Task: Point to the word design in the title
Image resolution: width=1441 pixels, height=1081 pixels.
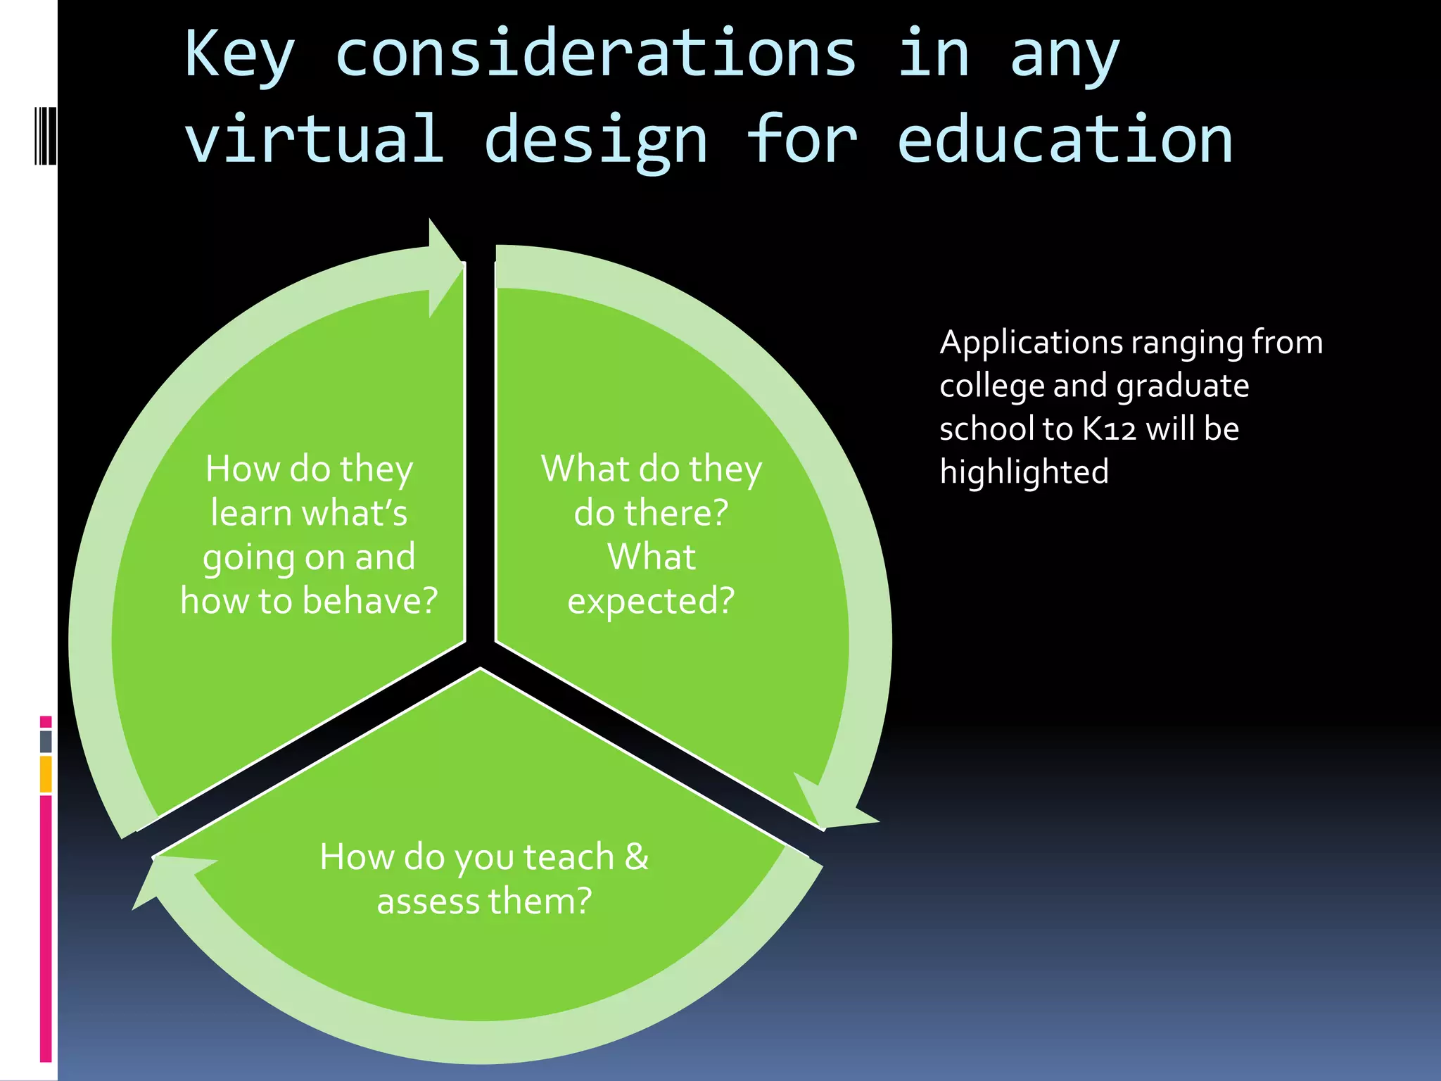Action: (595, 141)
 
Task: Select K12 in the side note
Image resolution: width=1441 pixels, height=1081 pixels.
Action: (1109, 429)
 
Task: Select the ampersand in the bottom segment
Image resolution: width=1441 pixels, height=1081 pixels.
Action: (636, 856)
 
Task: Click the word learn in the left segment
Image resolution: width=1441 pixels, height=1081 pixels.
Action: (250, 512)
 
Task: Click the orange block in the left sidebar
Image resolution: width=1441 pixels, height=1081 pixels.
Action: (46, 774)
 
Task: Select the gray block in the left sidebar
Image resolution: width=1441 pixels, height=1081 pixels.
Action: (46, 741)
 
